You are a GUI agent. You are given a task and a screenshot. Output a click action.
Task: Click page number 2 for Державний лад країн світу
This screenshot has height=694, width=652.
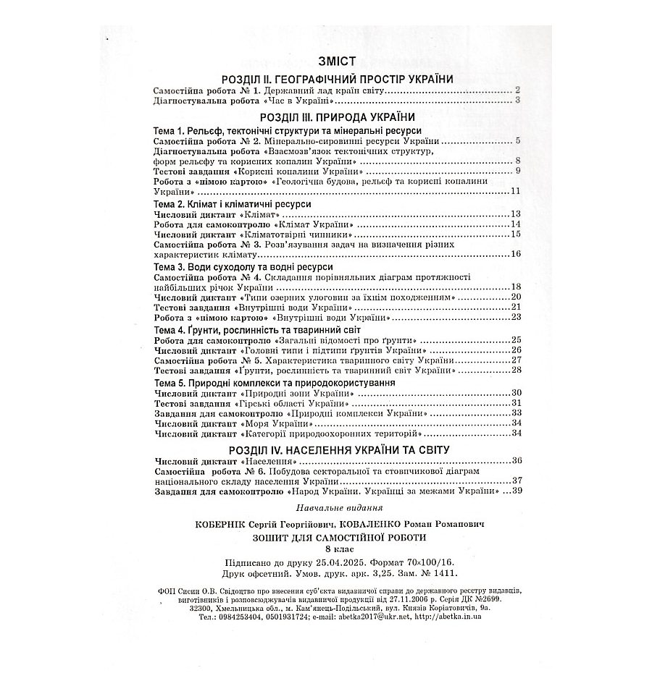[517, 90]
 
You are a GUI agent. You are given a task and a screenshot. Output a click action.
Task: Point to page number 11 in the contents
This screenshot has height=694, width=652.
[516, 191]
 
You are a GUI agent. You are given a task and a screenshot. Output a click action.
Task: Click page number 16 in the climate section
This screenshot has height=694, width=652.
[516, 254]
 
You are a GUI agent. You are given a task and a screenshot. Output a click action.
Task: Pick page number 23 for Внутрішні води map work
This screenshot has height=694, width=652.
[516, 317]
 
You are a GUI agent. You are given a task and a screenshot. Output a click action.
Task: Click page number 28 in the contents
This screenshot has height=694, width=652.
[516, 370]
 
